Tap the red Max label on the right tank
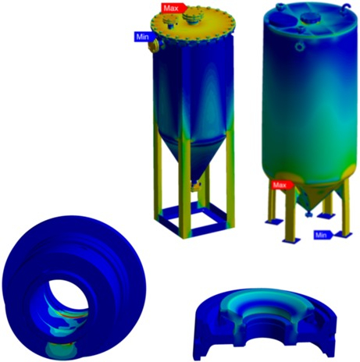282,185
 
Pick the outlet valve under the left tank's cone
195,186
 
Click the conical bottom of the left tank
194,158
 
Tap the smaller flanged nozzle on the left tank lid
169,21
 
